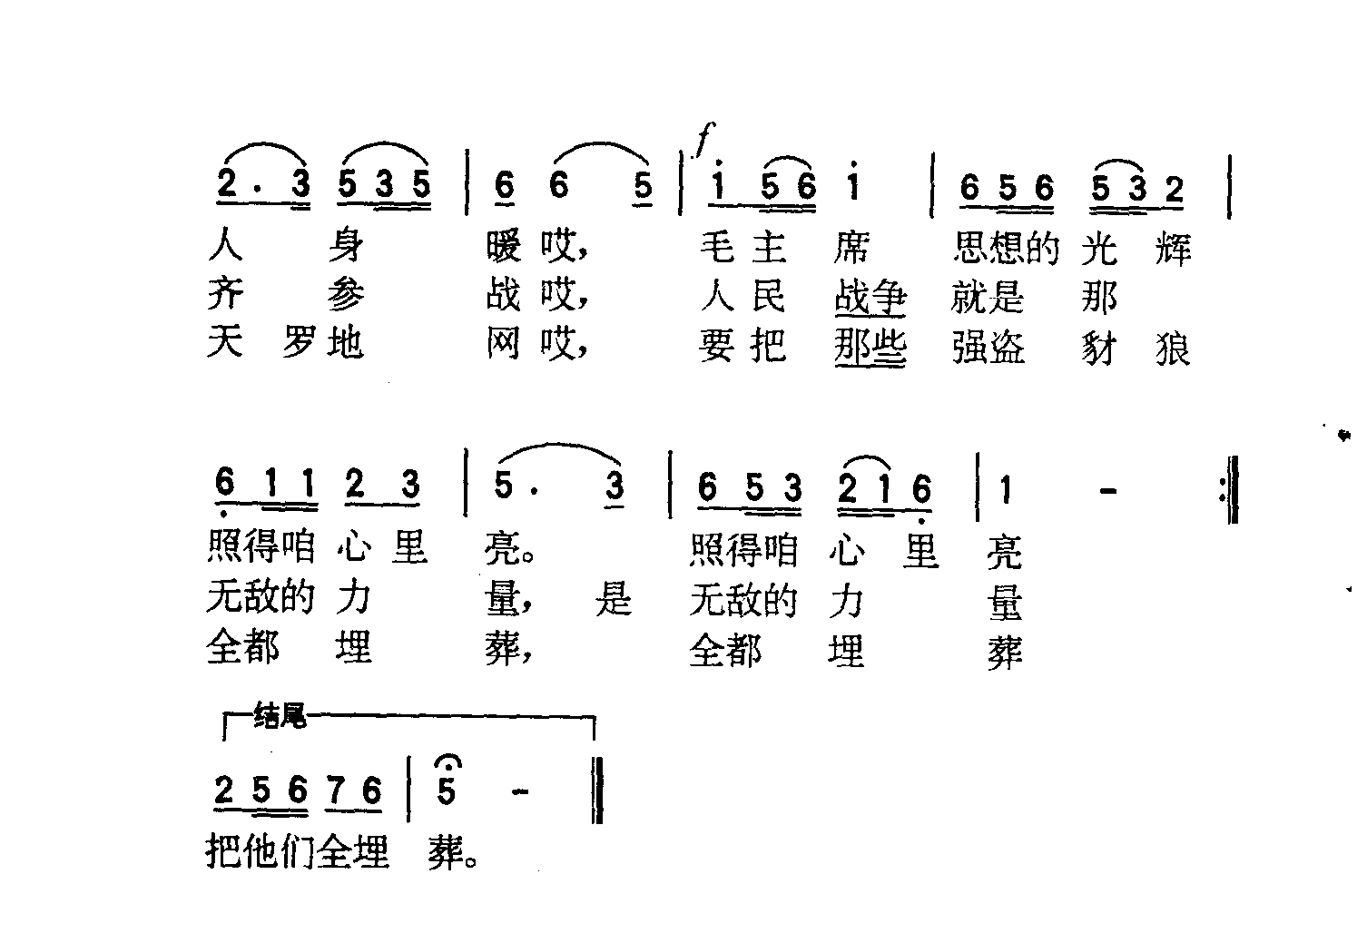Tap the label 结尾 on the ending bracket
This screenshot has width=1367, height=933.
pos(280,715)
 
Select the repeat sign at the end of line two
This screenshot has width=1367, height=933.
pos(1229,489)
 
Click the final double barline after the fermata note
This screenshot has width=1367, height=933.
pos(597,790)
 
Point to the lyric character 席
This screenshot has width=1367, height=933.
pos(852,249)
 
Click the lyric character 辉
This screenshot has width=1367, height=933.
pos(1173,250)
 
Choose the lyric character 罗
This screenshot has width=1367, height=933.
pos(300,342)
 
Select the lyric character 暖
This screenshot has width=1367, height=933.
pos(504,247)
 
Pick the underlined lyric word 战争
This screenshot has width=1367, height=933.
pos(870,298)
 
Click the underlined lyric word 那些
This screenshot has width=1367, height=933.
pos(870,348)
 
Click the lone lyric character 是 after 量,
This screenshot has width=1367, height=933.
pos(614,597)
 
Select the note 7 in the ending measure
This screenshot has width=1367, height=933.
pos(335,790)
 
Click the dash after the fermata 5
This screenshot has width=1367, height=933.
pos(520,792)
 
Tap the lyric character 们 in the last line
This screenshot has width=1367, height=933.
pos(299,850)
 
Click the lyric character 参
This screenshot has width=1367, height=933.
pos(346,296)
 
